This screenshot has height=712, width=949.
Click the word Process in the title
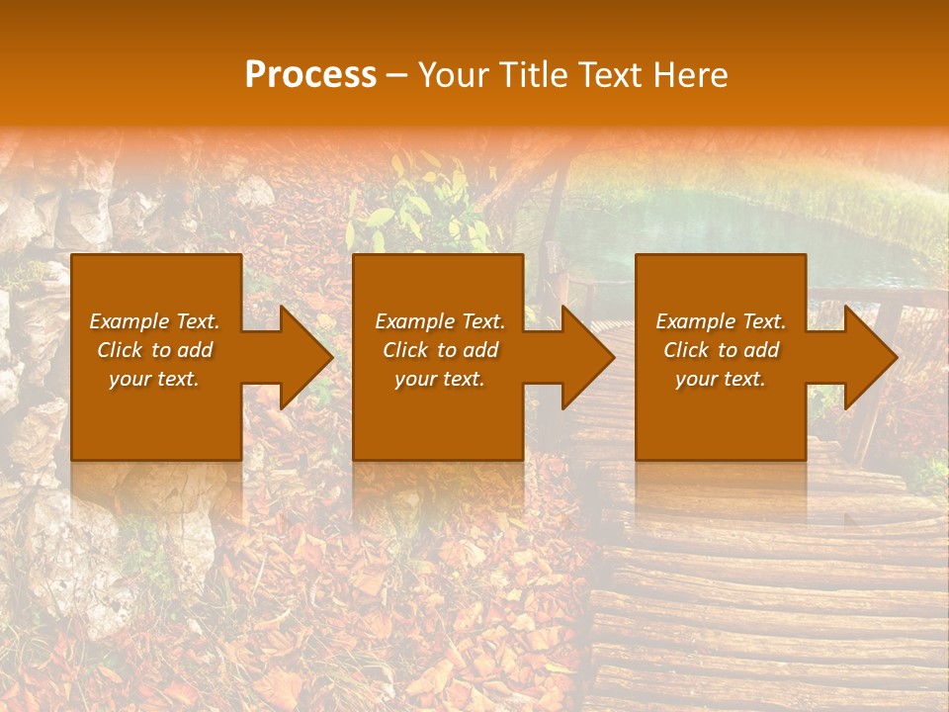click(x=310, y=75)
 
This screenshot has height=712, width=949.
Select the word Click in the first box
click(x=120, y=350)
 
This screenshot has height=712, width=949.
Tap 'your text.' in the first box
click(x=154, y=379)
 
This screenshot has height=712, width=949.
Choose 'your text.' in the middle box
click(x=440, y=379)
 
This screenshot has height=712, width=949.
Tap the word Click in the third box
click(x=686, y=350)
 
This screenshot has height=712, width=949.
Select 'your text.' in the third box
click(x=721, y=379)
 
